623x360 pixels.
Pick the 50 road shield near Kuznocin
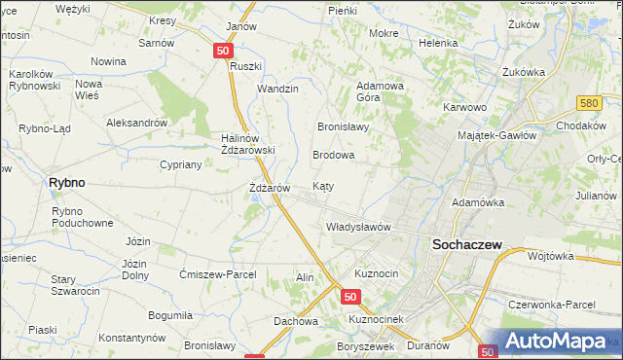[x=352, y=297]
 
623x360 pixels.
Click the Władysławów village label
[x=357, y=227]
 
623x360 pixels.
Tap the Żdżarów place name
[x=265, y=187]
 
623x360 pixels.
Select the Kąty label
[x=324, y=185]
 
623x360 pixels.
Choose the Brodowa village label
[x=333, y=155]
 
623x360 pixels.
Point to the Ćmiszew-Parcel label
[x=218, y=274]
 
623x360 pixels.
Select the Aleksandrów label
[x=137, y=123]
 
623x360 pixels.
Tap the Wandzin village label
[x=277, y=89]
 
